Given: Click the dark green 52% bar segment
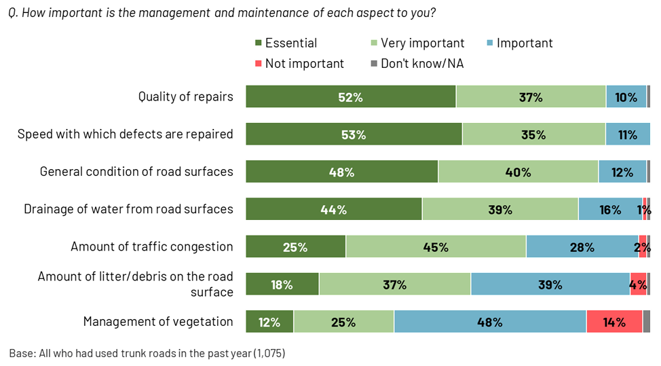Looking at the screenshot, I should click(x=350, y=97).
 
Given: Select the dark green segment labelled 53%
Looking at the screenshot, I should click(x=354, y=134).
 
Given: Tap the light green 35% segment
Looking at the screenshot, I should click(x=533, y=134).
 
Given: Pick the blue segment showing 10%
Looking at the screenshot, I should click(x=626, y=97).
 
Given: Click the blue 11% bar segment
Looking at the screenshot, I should click(x=627, y=134).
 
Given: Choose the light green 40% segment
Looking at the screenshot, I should click(x=518, y=172).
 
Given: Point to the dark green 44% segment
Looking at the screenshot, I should click(x=333, y=210).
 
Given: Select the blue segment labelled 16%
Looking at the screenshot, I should click(x=609, y=210).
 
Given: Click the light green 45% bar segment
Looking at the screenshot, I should click(x=436, y=247).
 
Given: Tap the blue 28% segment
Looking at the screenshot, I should click(x=582, y=247).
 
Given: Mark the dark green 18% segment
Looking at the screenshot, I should click(x=282, y=285).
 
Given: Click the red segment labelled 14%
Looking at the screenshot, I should click(x=614, y=322).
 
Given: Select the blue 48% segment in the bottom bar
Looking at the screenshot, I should click(x=489, y=322).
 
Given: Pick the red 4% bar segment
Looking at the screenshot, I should click(x=638, y=285).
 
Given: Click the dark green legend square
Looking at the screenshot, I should click(x=258, y=43).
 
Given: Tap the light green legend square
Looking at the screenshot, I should click(x=374, y=43).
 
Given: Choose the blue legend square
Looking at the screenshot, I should click(x=489, y=43).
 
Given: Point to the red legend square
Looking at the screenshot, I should click(x=258, y=63).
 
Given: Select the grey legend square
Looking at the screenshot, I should click(x=374, y=63).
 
